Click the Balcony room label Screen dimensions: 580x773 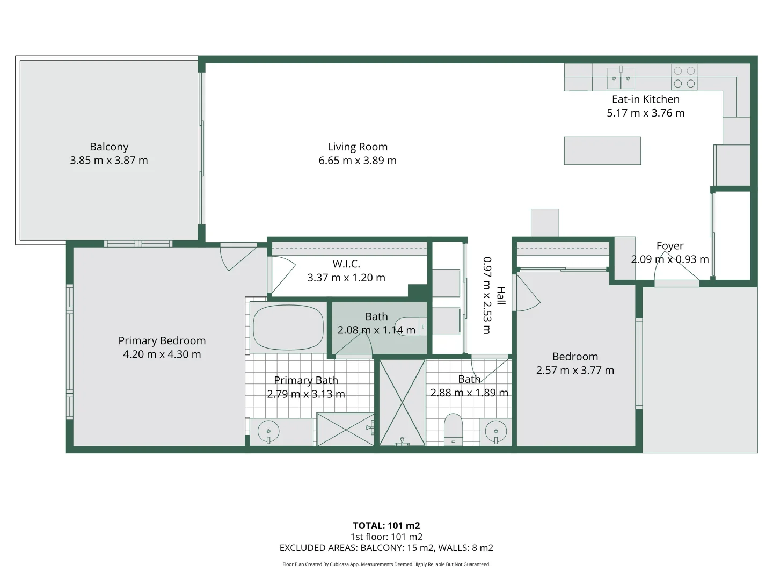tap(109, 147)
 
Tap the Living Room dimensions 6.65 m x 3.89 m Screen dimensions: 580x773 tap(358, 161)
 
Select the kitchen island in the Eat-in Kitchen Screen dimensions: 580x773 tap(602, 150)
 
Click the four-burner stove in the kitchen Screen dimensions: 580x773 tap(684, 77)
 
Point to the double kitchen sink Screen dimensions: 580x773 tap(621, 78)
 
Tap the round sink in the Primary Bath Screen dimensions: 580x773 tap(268, 431)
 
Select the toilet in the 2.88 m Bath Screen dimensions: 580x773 tap(454, 429)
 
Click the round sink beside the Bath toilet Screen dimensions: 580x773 tap(495, 431)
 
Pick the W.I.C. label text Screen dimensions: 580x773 tap(346, 264)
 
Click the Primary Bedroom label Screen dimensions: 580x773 tap(162, 340)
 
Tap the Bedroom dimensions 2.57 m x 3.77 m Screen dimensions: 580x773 tap(575, 370)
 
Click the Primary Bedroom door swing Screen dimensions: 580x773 tap(236, 256)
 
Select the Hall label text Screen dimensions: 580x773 tap(500, 296)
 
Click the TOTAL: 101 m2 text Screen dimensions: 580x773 tap(386, 526)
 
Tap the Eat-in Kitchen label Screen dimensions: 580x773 tap(646, 99)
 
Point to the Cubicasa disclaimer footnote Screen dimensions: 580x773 tap(386, 564)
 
